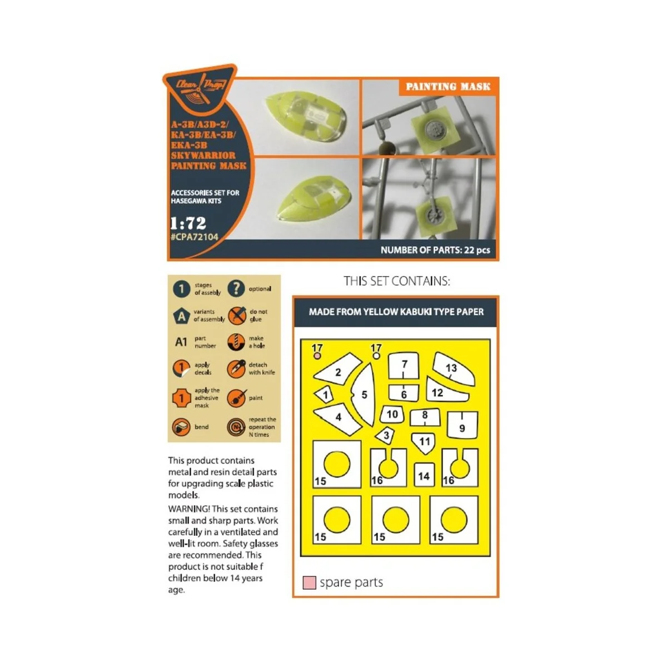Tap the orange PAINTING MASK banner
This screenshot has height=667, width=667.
[x=448, y=87]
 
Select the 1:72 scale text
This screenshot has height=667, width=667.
[x=188, y=223]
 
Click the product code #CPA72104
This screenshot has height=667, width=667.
[x=195, y=237]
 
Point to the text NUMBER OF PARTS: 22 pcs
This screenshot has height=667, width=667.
[x=435, y=250]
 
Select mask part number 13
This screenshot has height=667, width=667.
[x=452, y=369]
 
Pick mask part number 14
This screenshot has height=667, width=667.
[x=424, y=476]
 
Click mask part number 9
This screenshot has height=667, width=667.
[x=462, y=426]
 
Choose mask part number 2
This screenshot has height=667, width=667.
[x=338, y=372]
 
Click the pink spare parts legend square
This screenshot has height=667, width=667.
[x=309, y=583]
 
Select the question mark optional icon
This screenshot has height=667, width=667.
[x=236, y=288]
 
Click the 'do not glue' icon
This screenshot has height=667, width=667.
[x=237, y=315]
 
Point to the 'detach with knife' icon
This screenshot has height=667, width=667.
[x=236, y=369]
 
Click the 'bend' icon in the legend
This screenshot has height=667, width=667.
[x=181, y=427]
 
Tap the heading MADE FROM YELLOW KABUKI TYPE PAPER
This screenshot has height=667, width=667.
[x=396, y=312]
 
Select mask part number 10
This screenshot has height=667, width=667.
[x=392, y=414]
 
